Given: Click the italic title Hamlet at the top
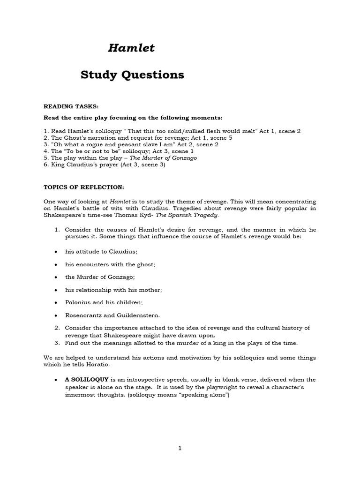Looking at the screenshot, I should (131, 48).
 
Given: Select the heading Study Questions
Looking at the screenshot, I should (132, 75).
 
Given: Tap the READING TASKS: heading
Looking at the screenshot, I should (71, 107).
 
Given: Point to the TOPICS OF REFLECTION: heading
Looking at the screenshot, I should (84, 187).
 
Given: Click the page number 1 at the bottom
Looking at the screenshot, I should (180, 448).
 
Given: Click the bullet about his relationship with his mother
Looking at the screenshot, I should (113, 290).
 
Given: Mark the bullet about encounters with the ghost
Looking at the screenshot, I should (110, 264).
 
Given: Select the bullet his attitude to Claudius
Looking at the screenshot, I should (101, 252).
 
